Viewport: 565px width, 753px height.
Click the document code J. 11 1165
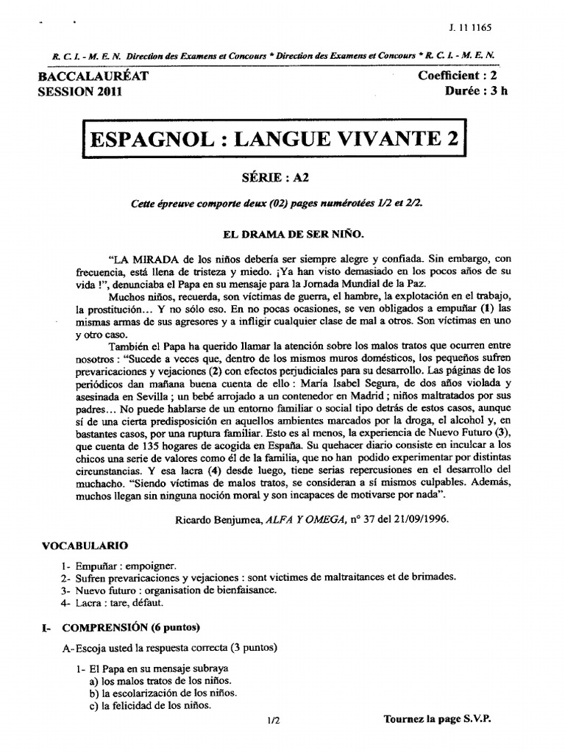pos(469,27)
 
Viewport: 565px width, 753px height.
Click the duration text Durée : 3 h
pos(476,91)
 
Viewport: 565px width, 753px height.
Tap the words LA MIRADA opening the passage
pos(143,259)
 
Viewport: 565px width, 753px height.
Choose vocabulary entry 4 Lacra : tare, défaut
pos(117,602)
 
